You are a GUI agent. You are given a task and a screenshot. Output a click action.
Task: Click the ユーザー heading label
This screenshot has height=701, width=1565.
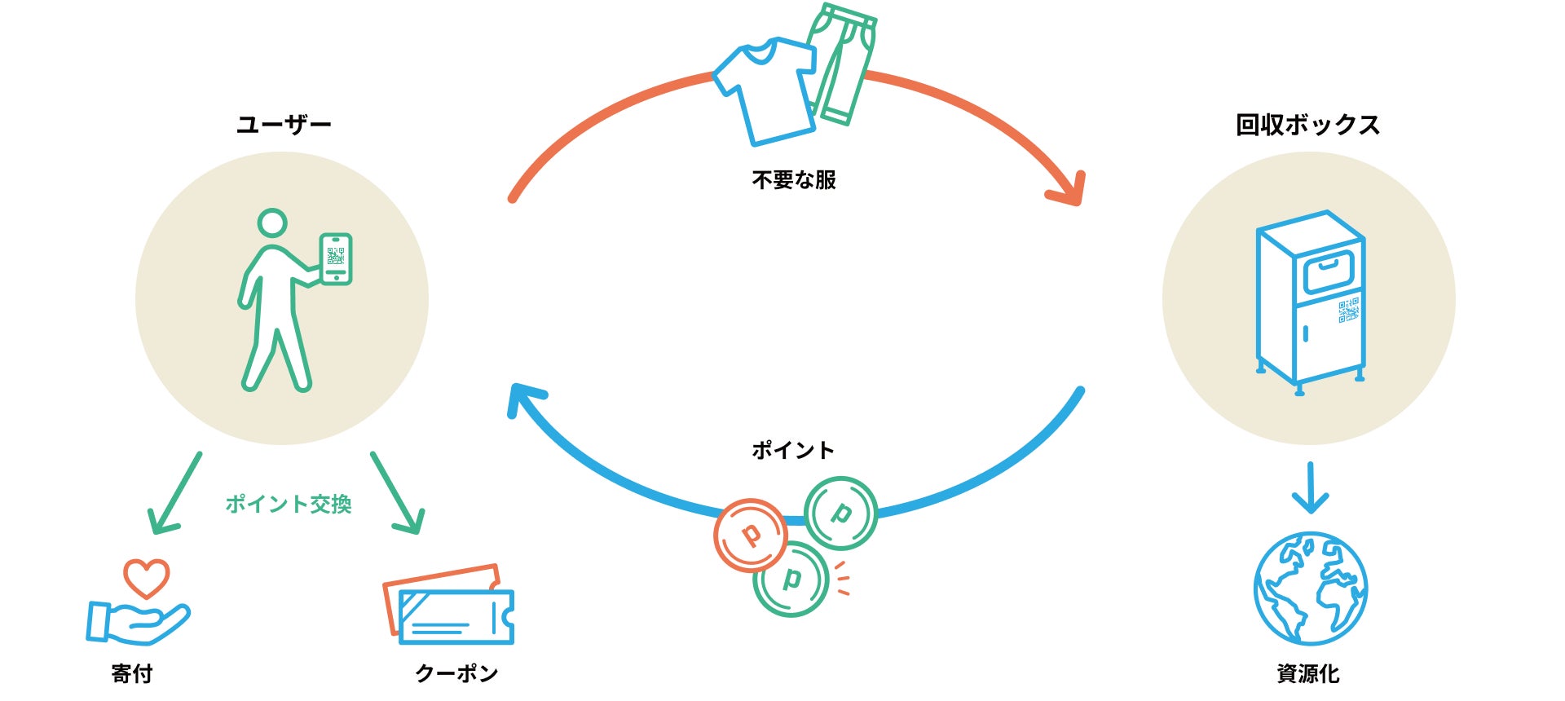284,125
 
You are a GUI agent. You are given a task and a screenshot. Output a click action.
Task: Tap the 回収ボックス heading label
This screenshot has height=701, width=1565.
1307,125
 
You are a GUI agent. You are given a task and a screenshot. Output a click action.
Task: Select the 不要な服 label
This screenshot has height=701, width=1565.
794,180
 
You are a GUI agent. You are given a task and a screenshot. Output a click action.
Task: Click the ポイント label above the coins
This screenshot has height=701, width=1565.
792,450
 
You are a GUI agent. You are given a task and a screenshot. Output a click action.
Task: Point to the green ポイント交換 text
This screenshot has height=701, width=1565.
289,504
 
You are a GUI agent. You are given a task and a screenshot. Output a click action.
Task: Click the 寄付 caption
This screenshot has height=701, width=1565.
132,673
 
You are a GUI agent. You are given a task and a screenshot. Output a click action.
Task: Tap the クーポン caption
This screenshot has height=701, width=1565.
456,673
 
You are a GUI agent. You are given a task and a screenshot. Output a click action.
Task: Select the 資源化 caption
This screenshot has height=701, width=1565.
1307,673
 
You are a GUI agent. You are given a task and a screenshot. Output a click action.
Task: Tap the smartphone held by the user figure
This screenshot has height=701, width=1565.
336,259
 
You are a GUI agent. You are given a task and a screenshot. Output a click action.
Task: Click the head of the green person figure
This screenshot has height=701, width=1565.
272,223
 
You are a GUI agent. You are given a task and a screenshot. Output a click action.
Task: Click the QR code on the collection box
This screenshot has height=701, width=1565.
1348,310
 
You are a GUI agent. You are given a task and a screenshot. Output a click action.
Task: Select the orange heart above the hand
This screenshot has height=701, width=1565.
147,577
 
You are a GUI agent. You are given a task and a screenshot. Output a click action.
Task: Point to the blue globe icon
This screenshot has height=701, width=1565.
1310,589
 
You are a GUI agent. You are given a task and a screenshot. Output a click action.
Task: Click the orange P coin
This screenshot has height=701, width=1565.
750,536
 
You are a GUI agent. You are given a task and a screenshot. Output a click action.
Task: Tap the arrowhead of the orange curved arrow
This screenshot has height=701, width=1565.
1071,192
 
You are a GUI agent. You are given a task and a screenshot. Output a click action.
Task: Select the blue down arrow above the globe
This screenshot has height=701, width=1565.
1310,488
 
